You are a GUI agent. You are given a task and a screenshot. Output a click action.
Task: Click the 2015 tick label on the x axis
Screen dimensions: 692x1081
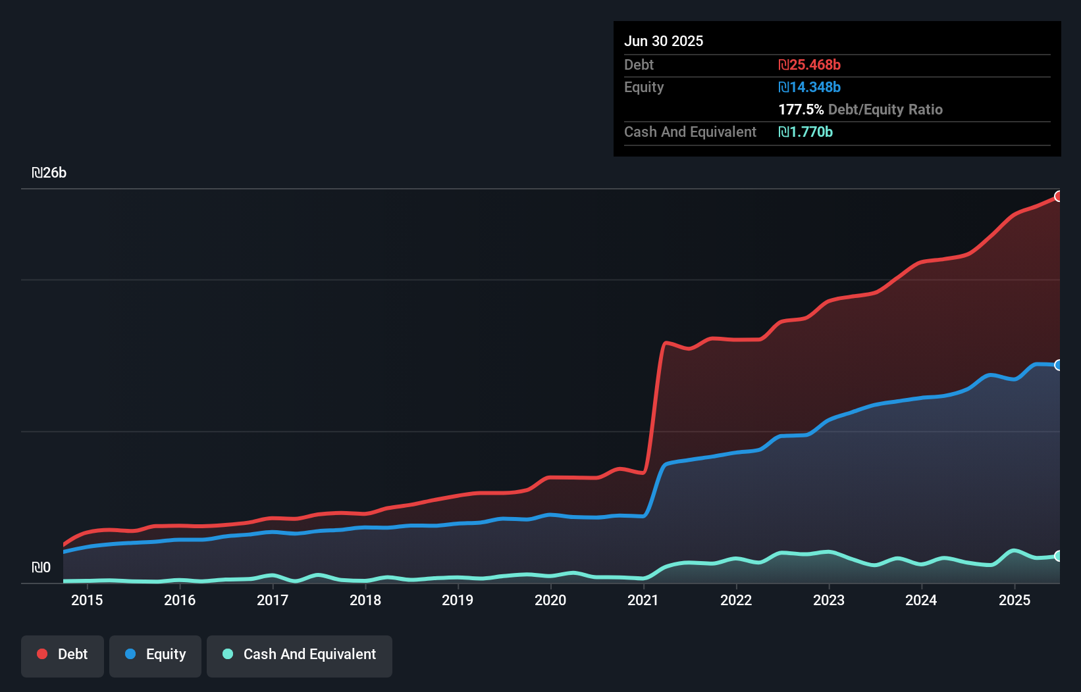tap(87, 600)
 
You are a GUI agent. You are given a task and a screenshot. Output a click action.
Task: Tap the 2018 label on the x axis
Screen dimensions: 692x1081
tap(365, 600)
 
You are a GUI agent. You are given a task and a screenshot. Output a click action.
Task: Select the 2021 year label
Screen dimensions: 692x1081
tap(643, 600)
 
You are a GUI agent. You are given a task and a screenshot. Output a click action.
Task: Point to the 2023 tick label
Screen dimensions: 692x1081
tap(829, 600)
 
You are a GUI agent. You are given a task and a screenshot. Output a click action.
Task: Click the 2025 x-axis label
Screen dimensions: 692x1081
tap(1015, 600)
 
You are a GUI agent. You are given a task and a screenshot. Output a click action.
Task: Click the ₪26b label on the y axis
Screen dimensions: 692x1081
tap(49, 173)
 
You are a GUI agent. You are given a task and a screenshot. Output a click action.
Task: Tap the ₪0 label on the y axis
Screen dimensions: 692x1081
tap(41, 567)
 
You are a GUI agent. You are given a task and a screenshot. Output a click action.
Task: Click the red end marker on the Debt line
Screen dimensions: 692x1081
tap(1059, 196)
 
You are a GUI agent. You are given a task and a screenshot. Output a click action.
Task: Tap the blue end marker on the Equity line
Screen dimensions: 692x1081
tap(1059, 365)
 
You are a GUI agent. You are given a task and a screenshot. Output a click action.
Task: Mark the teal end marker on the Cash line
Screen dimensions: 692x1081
tap(1059, 556)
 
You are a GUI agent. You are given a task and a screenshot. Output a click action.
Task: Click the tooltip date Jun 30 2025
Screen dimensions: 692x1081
tap(664, 41)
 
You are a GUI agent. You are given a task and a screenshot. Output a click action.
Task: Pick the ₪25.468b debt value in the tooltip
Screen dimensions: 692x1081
tap(809, 64)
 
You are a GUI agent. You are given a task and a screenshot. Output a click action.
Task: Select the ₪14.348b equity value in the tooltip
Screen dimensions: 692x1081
tap(809, 87)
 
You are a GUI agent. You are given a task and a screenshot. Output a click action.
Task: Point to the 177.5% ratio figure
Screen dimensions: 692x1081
tap(801, 109)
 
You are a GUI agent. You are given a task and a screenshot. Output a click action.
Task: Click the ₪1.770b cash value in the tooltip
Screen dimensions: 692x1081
tap(805, 132)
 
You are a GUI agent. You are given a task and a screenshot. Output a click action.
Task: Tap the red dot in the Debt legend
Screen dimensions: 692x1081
tap(42, 654)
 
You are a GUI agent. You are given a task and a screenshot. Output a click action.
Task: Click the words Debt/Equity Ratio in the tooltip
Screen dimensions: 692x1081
tap(885, 109)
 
